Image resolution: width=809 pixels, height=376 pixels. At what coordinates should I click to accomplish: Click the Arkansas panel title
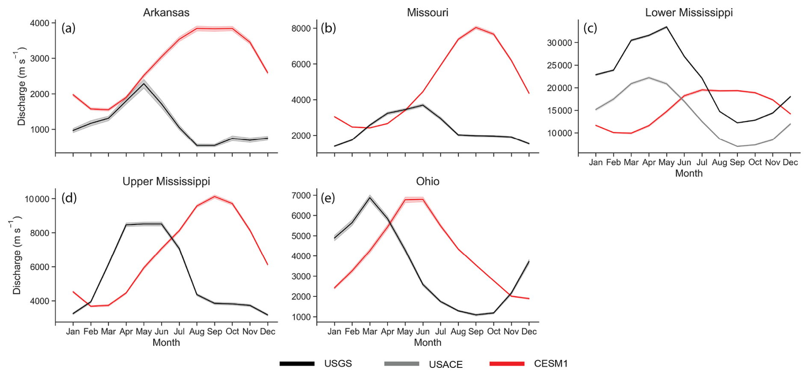coord(166,12)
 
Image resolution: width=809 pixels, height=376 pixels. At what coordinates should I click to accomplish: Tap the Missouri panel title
coord(427,12)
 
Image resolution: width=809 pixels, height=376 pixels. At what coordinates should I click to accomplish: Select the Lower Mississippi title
coord(688,12)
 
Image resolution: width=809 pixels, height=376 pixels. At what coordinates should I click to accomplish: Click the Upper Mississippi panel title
coord(166,181)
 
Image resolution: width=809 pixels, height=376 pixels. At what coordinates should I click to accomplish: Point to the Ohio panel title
coord(427,181)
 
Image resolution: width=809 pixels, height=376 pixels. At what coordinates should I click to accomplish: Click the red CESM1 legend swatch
coord(507,364)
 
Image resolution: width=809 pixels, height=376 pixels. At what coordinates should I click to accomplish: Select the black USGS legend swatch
coord(297,364)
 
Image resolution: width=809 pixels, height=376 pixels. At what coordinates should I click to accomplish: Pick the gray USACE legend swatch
coord(402,364)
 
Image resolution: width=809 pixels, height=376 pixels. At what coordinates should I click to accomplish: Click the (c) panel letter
coord(590,28)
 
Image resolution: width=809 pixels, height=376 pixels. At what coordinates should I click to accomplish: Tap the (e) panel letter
coord(328,198)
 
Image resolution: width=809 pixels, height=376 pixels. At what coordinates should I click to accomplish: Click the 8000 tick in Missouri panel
coord(301,29)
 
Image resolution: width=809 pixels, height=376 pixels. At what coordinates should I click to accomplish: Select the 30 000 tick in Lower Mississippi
coord(559,43)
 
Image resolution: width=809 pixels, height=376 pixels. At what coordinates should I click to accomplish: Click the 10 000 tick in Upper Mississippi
coord(37,199)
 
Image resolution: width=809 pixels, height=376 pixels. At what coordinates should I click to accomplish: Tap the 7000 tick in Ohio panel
coord(301,196)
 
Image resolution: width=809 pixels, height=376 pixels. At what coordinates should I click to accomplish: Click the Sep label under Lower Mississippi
coord(737,162)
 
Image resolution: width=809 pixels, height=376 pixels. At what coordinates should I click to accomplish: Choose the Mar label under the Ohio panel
coord(370,331)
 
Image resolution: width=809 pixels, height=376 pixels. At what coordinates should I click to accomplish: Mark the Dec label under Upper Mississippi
coord(268,331)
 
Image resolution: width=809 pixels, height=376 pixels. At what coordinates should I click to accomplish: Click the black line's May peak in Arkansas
coord(144,84)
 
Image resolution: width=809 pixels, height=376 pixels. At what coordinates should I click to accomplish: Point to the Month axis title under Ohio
coord(427,343)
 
